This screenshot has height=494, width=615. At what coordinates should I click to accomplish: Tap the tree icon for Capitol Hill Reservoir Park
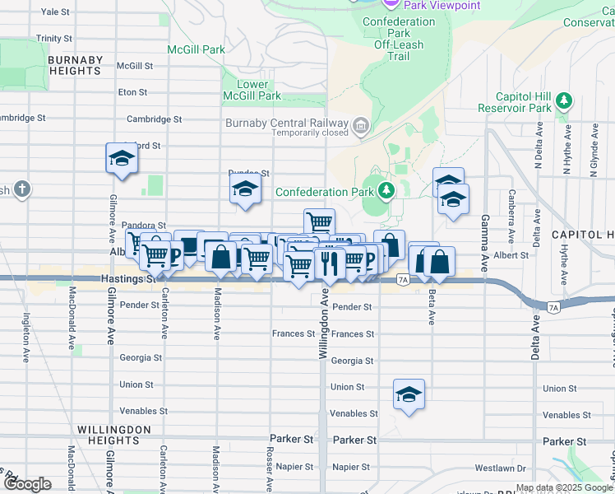pyautogui.click(x=563, y=100)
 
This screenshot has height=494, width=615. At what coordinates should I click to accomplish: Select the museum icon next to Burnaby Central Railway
pyautogui.click(x=360, y=126)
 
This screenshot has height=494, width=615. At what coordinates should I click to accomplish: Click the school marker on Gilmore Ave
pyautogui.click(x=121, y=158)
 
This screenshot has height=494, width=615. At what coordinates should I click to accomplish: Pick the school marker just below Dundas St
pyautogui.click(x=245, y=189)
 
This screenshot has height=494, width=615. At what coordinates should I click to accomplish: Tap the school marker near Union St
pyautogui.click(x=409, y=394)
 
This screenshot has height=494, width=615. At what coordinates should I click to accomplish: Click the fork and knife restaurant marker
pyautogui.click(x=329, y=263)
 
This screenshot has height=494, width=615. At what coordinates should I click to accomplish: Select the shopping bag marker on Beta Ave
pyautogui.click(x=440, y=262)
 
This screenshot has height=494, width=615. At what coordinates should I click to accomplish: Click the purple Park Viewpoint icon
pyautogui.click(x=390, y=5)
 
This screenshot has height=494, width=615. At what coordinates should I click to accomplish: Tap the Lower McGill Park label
pyautogui.click(x=252, y=91)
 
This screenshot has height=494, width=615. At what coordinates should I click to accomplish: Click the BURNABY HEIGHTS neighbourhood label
pyautogui.click(x=75, y=66)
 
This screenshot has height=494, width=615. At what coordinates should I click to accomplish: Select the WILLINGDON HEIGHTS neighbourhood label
pyautogui.click(x=114, y=435)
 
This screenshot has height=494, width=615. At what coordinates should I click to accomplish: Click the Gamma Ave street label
pyautogui.click(x=485, y=231)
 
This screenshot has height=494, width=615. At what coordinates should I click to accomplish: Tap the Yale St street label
pyautogui.click(x=55, y=12)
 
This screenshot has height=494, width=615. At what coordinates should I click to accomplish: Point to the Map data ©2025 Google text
pyautogui.click(x=562, y=487)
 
